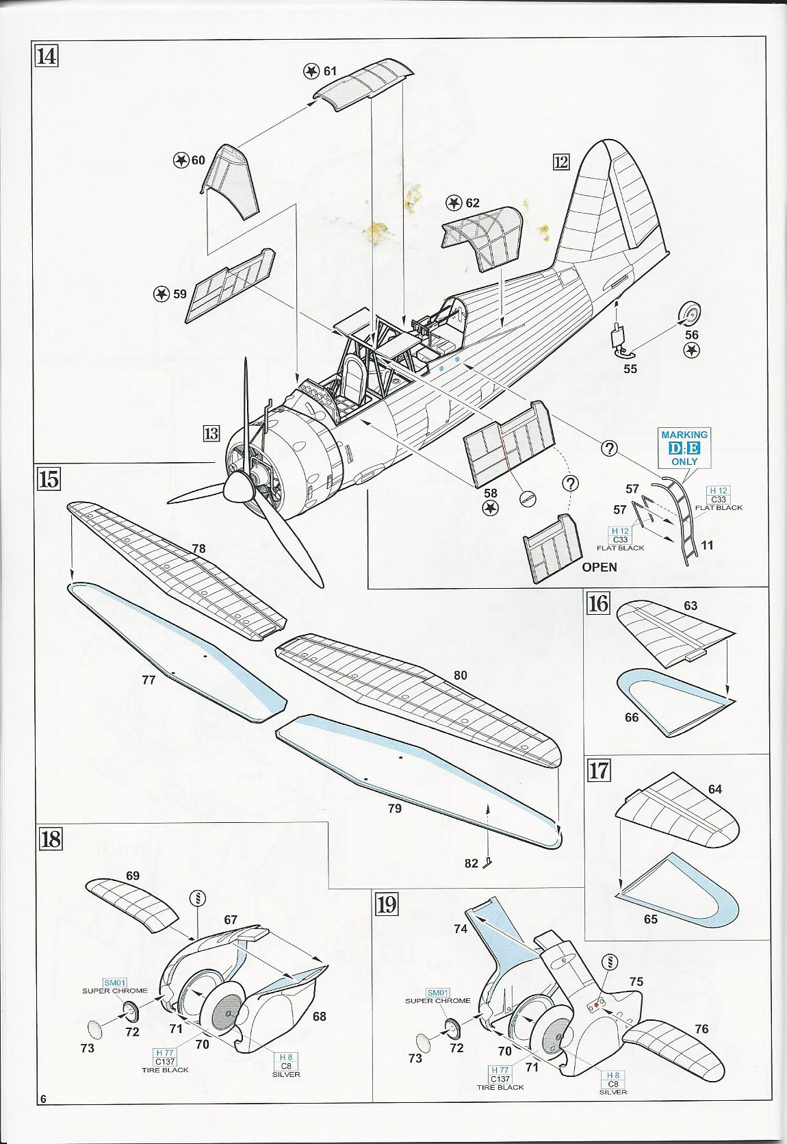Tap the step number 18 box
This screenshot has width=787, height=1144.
51,839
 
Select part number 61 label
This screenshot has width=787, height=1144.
331,71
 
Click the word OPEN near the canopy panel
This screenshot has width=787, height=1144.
599,567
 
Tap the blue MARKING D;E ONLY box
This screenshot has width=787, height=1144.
684,448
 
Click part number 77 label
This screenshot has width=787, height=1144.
149,680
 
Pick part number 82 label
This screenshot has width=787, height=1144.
471,863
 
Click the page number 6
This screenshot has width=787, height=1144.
43,1119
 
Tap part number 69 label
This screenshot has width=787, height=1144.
133,876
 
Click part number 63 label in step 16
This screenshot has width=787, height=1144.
690,605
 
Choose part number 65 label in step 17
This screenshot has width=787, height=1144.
650,919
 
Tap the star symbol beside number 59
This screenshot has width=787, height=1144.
161,294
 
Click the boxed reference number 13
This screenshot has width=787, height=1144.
211,433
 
